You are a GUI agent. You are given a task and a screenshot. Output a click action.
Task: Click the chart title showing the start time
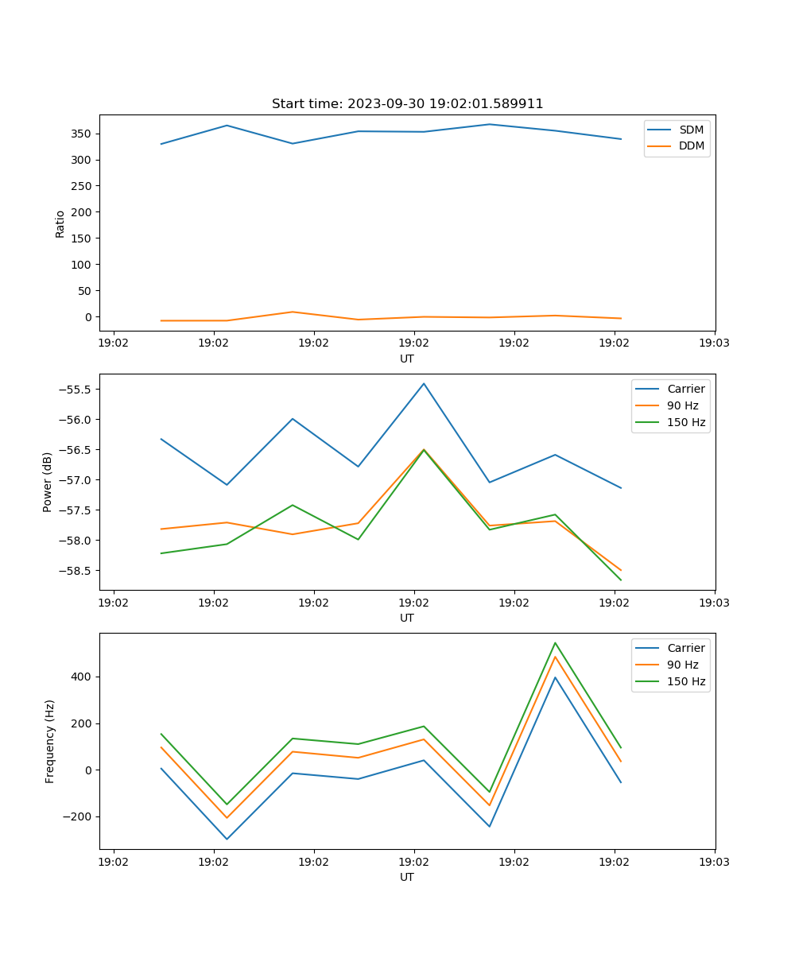tap(407, 104)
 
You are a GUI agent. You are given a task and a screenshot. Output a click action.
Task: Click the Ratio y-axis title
tap(60, 223)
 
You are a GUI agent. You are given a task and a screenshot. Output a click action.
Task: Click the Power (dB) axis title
tap(48, 482)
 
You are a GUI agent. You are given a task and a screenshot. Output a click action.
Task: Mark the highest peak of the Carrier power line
tap(424, 383)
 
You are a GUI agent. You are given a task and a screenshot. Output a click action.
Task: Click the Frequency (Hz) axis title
tap(50, 741)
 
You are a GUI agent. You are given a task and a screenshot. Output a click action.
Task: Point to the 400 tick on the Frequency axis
tap(83, 677)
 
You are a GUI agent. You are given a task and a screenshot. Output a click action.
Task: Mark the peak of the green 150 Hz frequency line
tap(555, 642)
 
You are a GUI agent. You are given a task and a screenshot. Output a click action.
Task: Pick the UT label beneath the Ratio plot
tap(407, 359)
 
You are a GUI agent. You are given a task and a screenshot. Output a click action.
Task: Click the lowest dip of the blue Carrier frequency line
tap(227, 840)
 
